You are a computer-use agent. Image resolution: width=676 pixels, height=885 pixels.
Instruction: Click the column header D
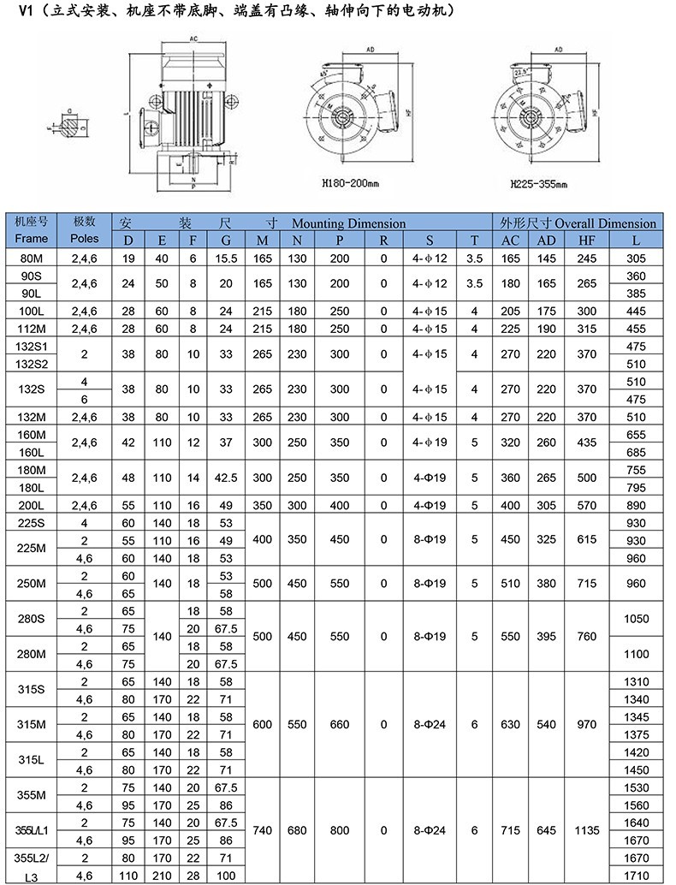pyautogui.click(x=128, y=241)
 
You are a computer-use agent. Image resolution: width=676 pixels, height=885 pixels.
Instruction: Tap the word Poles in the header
pyautogui.click(x=85, y=239)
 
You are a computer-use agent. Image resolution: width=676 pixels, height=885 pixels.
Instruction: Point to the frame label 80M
pyautogui.click(x=32, y=257)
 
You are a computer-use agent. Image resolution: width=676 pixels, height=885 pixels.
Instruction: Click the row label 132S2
pyautogui.click(x=32, y=363)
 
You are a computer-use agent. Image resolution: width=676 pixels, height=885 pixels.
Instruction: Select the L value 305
pyautogui.click(x=637, y=257)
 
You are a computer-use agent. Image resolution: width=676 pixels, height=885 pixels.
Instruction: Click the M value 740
pyautogui.click(x=263, y=830)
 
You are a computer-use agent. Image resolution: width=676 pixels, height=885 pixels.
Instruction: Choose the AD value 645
pyautogui.click(x=546, y=830)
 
